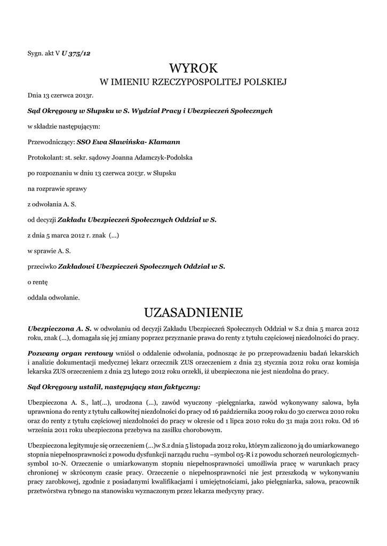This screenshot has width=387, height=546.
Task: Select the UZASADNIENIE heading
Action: pos(194,311)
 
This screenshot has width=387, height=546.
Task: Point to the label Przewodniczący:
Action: pos(51,142)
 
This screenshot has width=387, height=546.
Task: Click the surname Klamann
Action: pos(164,142)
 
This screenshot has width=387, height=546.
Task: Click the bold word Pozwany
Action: pos(43,353)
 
